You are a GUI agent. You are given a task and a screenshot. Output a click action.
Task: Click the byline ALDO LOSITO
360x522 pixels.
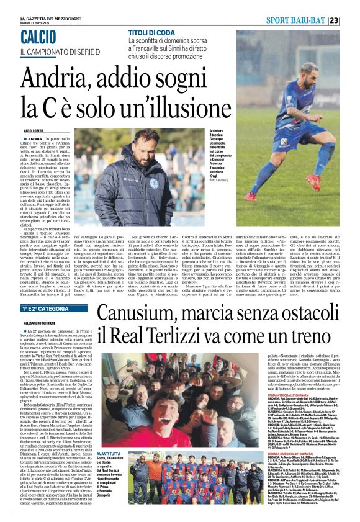pos(35,132)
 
